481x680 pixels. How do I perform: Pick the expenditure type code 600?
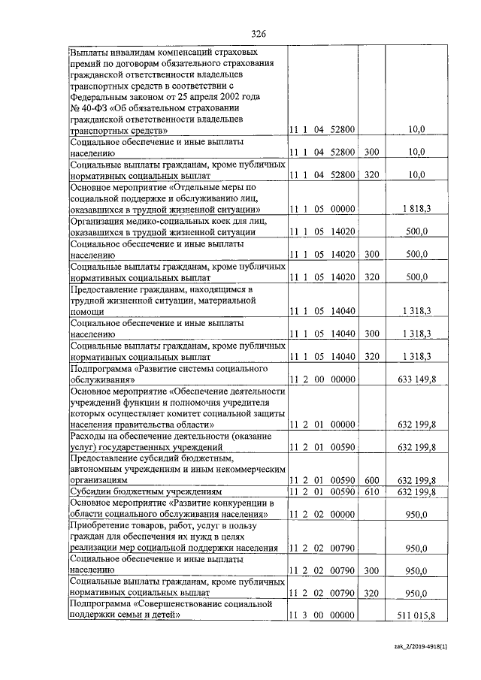click(x=371, y=478)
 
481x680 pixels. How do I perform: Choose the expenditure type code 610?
click(x=371, y=491)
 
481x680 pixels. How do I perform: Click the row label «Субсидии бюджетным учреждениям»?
click(x=127, y=491)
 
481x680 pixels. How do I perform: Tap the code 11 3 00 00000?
click(x=322, y=616)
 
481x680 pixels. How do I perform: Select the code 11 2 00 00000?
click(x=322, y=380)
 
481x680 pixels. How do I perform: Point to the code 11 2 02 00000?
click(x=322, y=515)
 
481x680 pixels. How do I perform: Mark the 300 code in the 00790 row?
click(x=371, y=572)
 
